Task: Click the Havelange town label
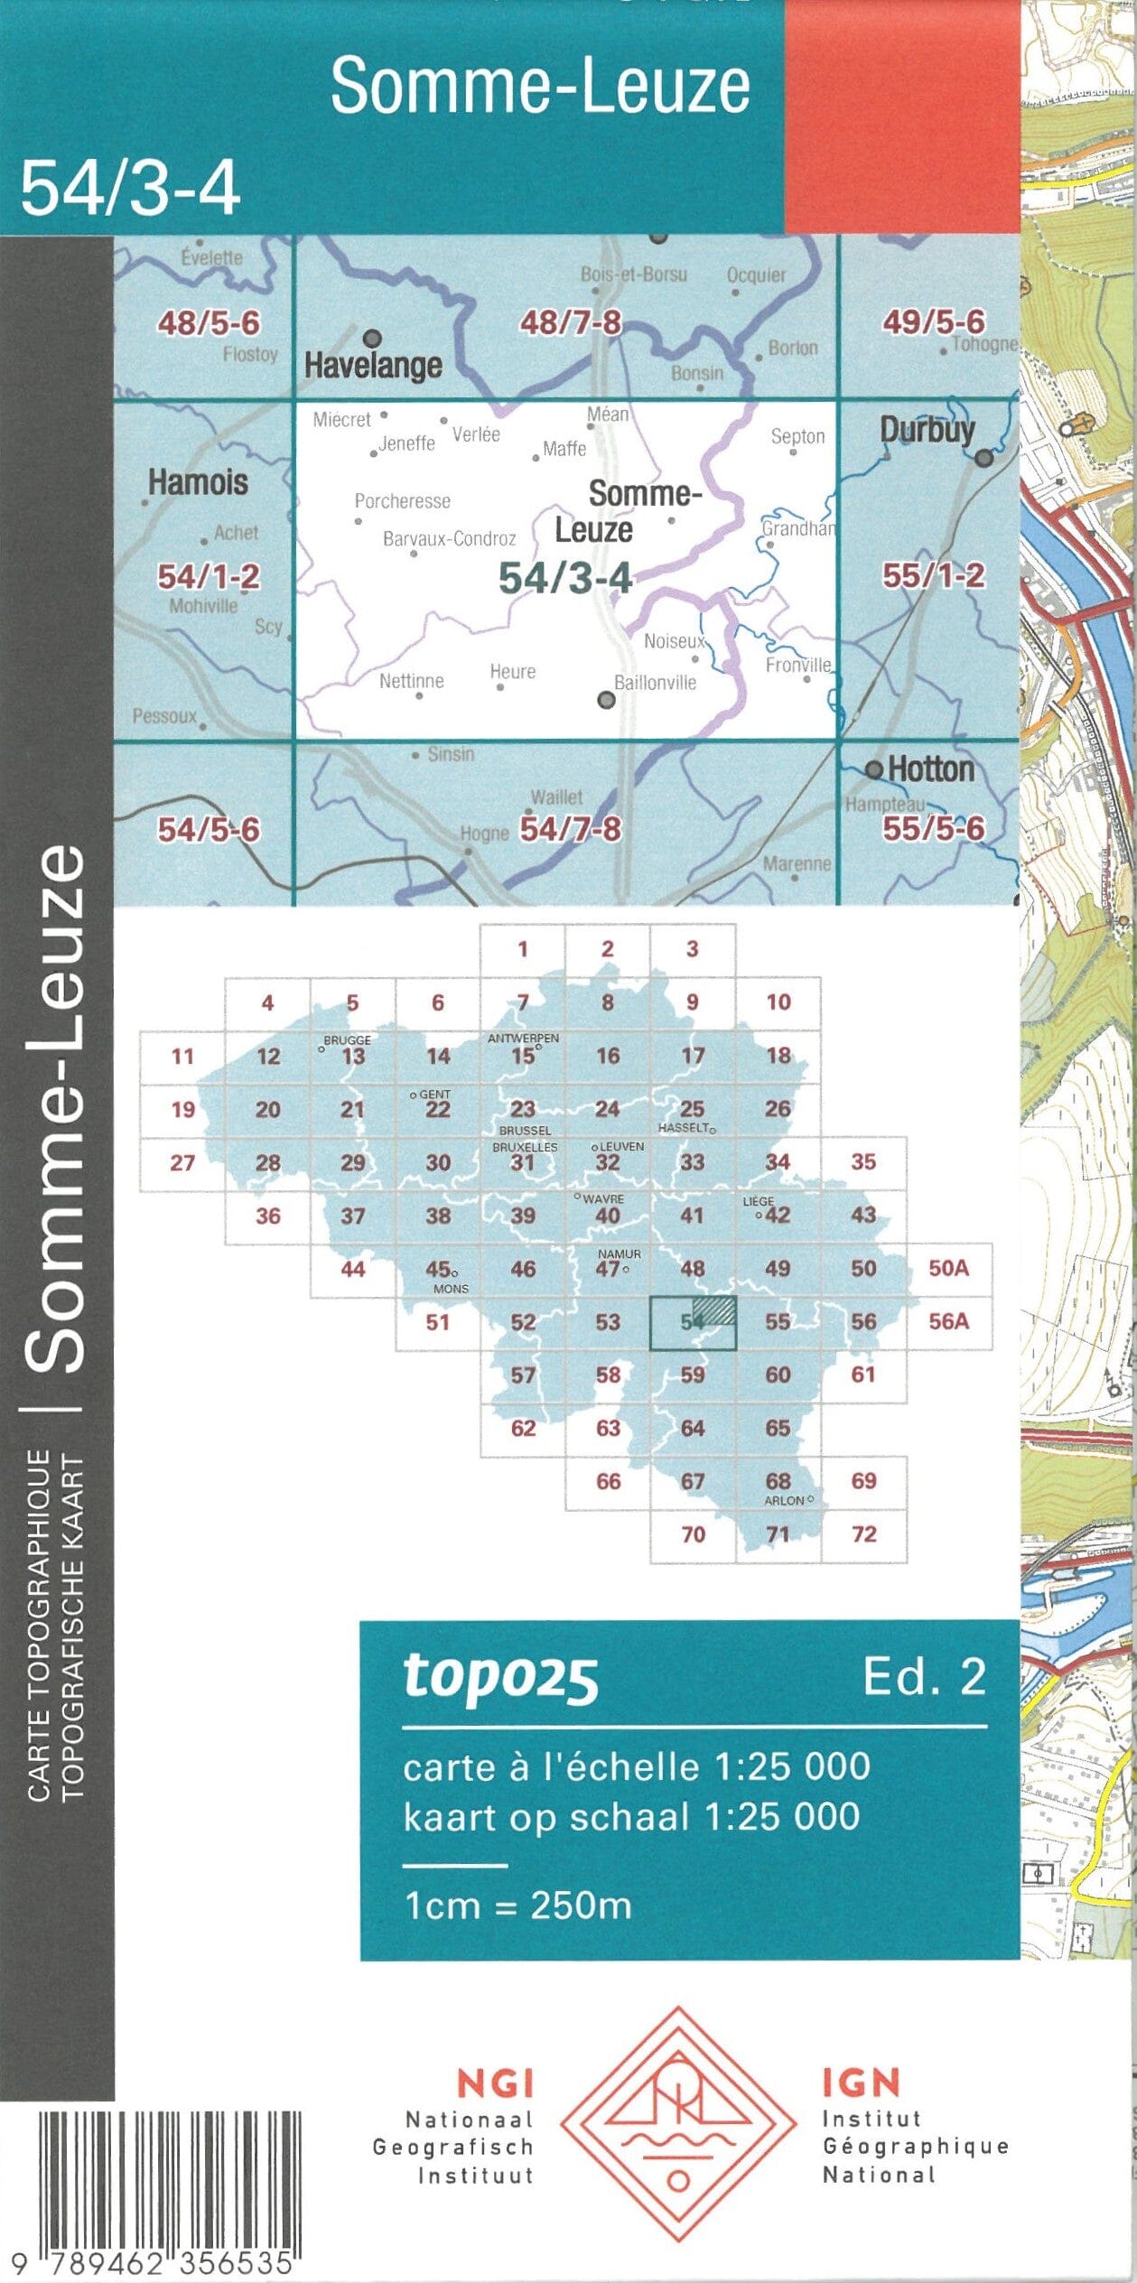point(373,365)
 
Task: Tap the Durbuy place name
point(927,429)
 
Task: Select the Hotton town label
point(930,769)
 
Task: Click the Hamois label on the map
point(198,482)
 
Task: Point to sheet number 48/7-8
point(570,322)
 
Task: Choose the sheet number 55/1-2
point(933,575)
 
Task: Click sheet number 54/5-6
point(209,829)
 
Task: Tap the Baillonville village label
point(655,683)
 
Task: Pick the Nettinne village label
point(411,681)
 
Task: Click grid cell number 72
point(863,1533)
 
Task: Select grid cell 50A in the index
point(948,1268)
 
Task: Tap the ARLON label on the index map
point(784,1500)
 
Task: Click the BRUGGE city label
point(347,1040)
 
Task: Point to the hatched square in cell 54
point(714,1310)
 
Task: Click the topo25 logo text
point(500,1677)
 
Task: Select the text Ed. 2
point(924,1676)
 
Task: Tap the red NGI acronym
point(495,2083)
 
